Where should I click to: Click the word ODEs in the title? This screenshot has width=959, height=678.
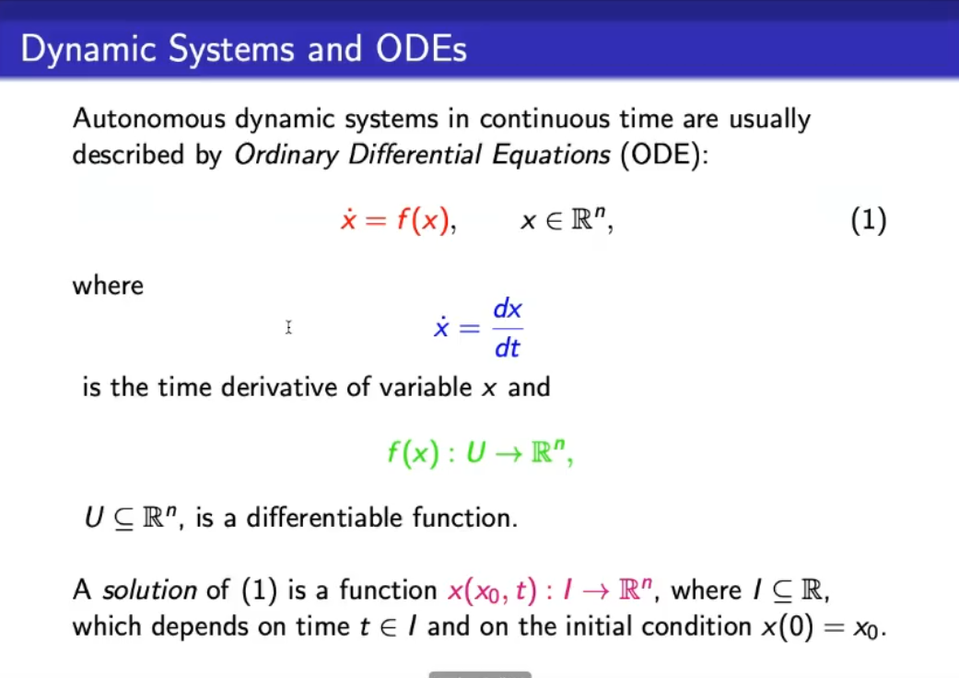[421, 49]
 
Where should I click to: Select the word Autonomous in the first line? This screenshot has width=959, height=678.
[149, 119]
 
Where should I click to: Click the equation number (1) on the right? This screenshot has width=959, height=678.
[869, 220]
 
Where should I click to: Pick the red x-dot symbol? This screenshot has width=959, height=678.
[348, 219]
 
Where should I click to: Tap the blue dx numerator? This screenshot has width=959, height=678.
[508, 309]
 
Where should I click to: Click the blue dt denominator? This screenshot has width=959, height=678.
[507, 348]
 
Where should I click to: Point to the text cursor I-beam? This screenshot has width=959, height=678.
[288, 328]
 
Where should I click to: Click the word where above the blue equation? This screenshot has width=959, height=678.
[109, 286]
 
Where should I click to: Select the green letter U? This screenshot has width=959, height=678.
[476, 453]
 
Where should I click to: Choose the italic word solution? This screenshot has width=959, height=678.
[149, 590]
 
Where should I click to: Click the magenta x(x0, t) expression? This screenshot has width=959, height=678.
[492, 590]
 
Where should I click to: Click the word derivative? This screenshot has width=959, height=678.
[279, 388]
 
